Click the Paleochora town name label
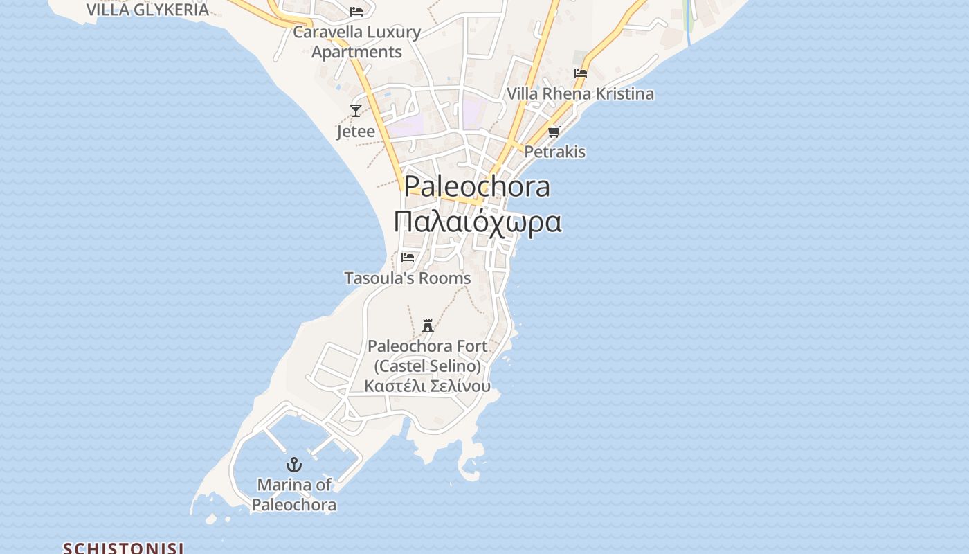tap(477, 186)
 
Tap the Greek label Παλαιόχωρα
tap(477, 222)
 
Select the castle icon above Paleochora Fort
tap(428, 325)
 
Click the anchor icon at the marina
tap(294, 465)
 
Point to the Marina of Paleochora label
tap(294, 494)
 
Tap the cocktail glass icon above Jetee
tap(356, 110)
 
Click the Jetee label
tap(356, 132)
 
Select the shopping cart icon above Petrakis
tap(554, 132)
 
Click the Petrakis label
tap(555, 152)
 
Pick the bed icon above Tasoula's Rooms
tap(408, 258)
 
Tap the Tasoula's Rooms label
tap(408, 278)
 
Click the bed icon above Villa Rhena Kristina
tap(581, 73)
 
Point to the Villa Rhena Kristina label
tap(580, 94)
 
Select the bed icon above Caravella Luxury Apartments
tap(356, 12)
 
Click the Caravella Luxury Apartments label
tap(357, 42)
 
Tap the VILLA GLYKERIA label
tap(147, 10)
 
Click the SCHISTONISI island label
tap(123, 548)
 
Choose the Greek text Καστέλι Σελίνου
tap(428, 386)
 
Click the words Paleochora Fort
tap(428, 346)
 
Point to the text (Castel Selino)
tap(428, 366)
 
